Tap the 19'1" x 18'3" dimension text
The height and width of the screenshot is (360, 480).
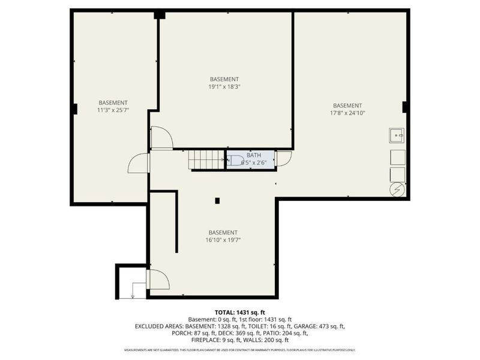point(224,86)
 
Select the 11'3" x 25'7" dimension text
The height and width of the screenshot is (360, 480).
point(113,110)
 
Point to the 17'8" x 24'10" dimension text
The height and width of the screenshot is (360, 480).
point(347,112)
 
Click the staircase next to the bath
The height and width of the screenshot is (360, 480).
point(206,160)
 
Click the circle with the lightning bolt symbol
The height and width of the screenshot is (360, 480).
point(397,190)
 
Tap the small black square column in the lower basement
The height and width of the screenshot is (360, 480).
point(218,200)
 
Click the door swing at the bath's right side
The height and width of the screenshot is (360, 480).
point(283,158)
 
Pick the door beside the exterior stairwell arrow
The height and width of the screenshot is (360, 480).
point(157,280)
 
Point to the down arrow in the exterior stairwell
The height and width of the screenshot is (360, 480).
point(133,293)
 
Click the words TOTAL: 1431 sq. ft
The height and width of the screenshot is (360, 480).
point(239,313)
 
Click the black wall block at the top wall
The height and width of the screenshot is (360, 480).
point(160,14)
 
